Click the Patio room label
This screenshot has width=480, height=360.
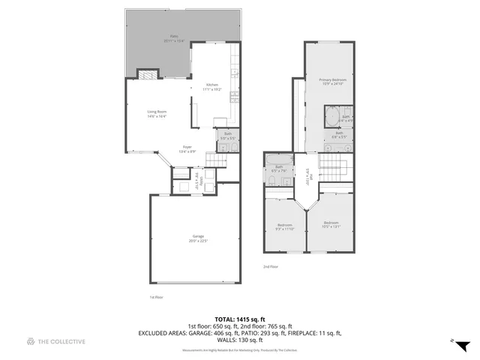(x=173, y=37)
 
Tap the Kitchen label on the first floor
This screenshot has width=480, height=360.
(x=212, y=87)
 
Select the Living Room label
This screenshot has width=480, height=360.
(x=156, y=114)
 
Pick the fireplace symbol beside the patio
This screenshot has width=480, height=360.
(x=148, y=73)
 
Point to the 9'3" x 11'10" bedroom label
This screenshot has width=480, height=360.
(x=285, y=226)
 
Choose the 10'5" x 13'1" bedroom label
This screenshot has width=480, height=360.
(x=331, y=224)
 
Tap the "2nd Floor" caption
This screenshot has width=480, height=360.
(x=270, y=267)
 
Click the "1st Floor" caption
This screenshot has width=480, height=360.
(x=155, y=297)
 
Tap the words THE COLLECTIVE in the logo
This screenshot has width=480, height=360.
(x=61, y=341)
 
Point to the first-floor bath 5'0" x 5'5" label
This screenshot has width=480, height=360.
(x=226, y=136)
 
